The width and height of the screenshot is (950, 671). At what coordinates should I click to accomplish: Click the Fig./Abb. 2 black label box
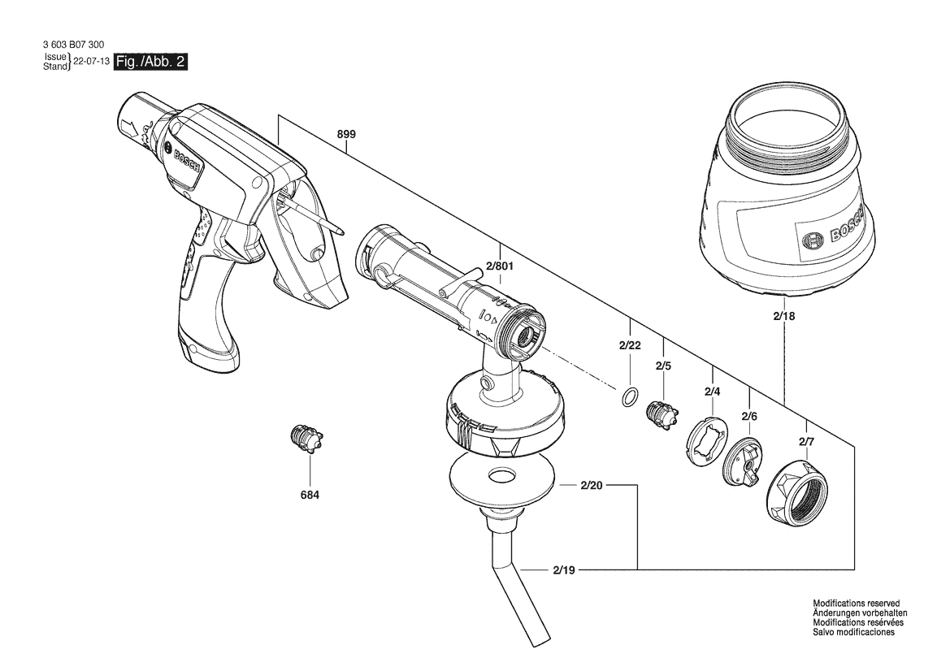151,62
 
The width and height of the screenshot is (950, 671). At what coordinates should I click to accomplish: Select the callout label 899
346,134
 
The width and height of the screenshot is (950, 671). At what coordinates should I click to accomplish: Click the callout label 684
310,495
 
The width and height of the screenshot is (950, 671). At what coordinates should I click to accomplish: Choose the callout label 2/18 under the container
784,316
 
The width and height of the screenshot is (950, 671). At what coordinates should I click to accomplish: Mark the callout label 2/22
630,346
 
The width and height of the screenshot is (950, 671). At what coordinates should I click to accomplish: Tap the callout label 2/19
564,570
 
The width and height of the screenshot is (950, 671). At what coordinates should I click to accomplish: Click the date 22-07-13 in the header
92,62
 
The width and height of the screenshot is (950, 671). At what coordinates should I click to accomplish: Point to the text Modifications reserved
856,604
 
